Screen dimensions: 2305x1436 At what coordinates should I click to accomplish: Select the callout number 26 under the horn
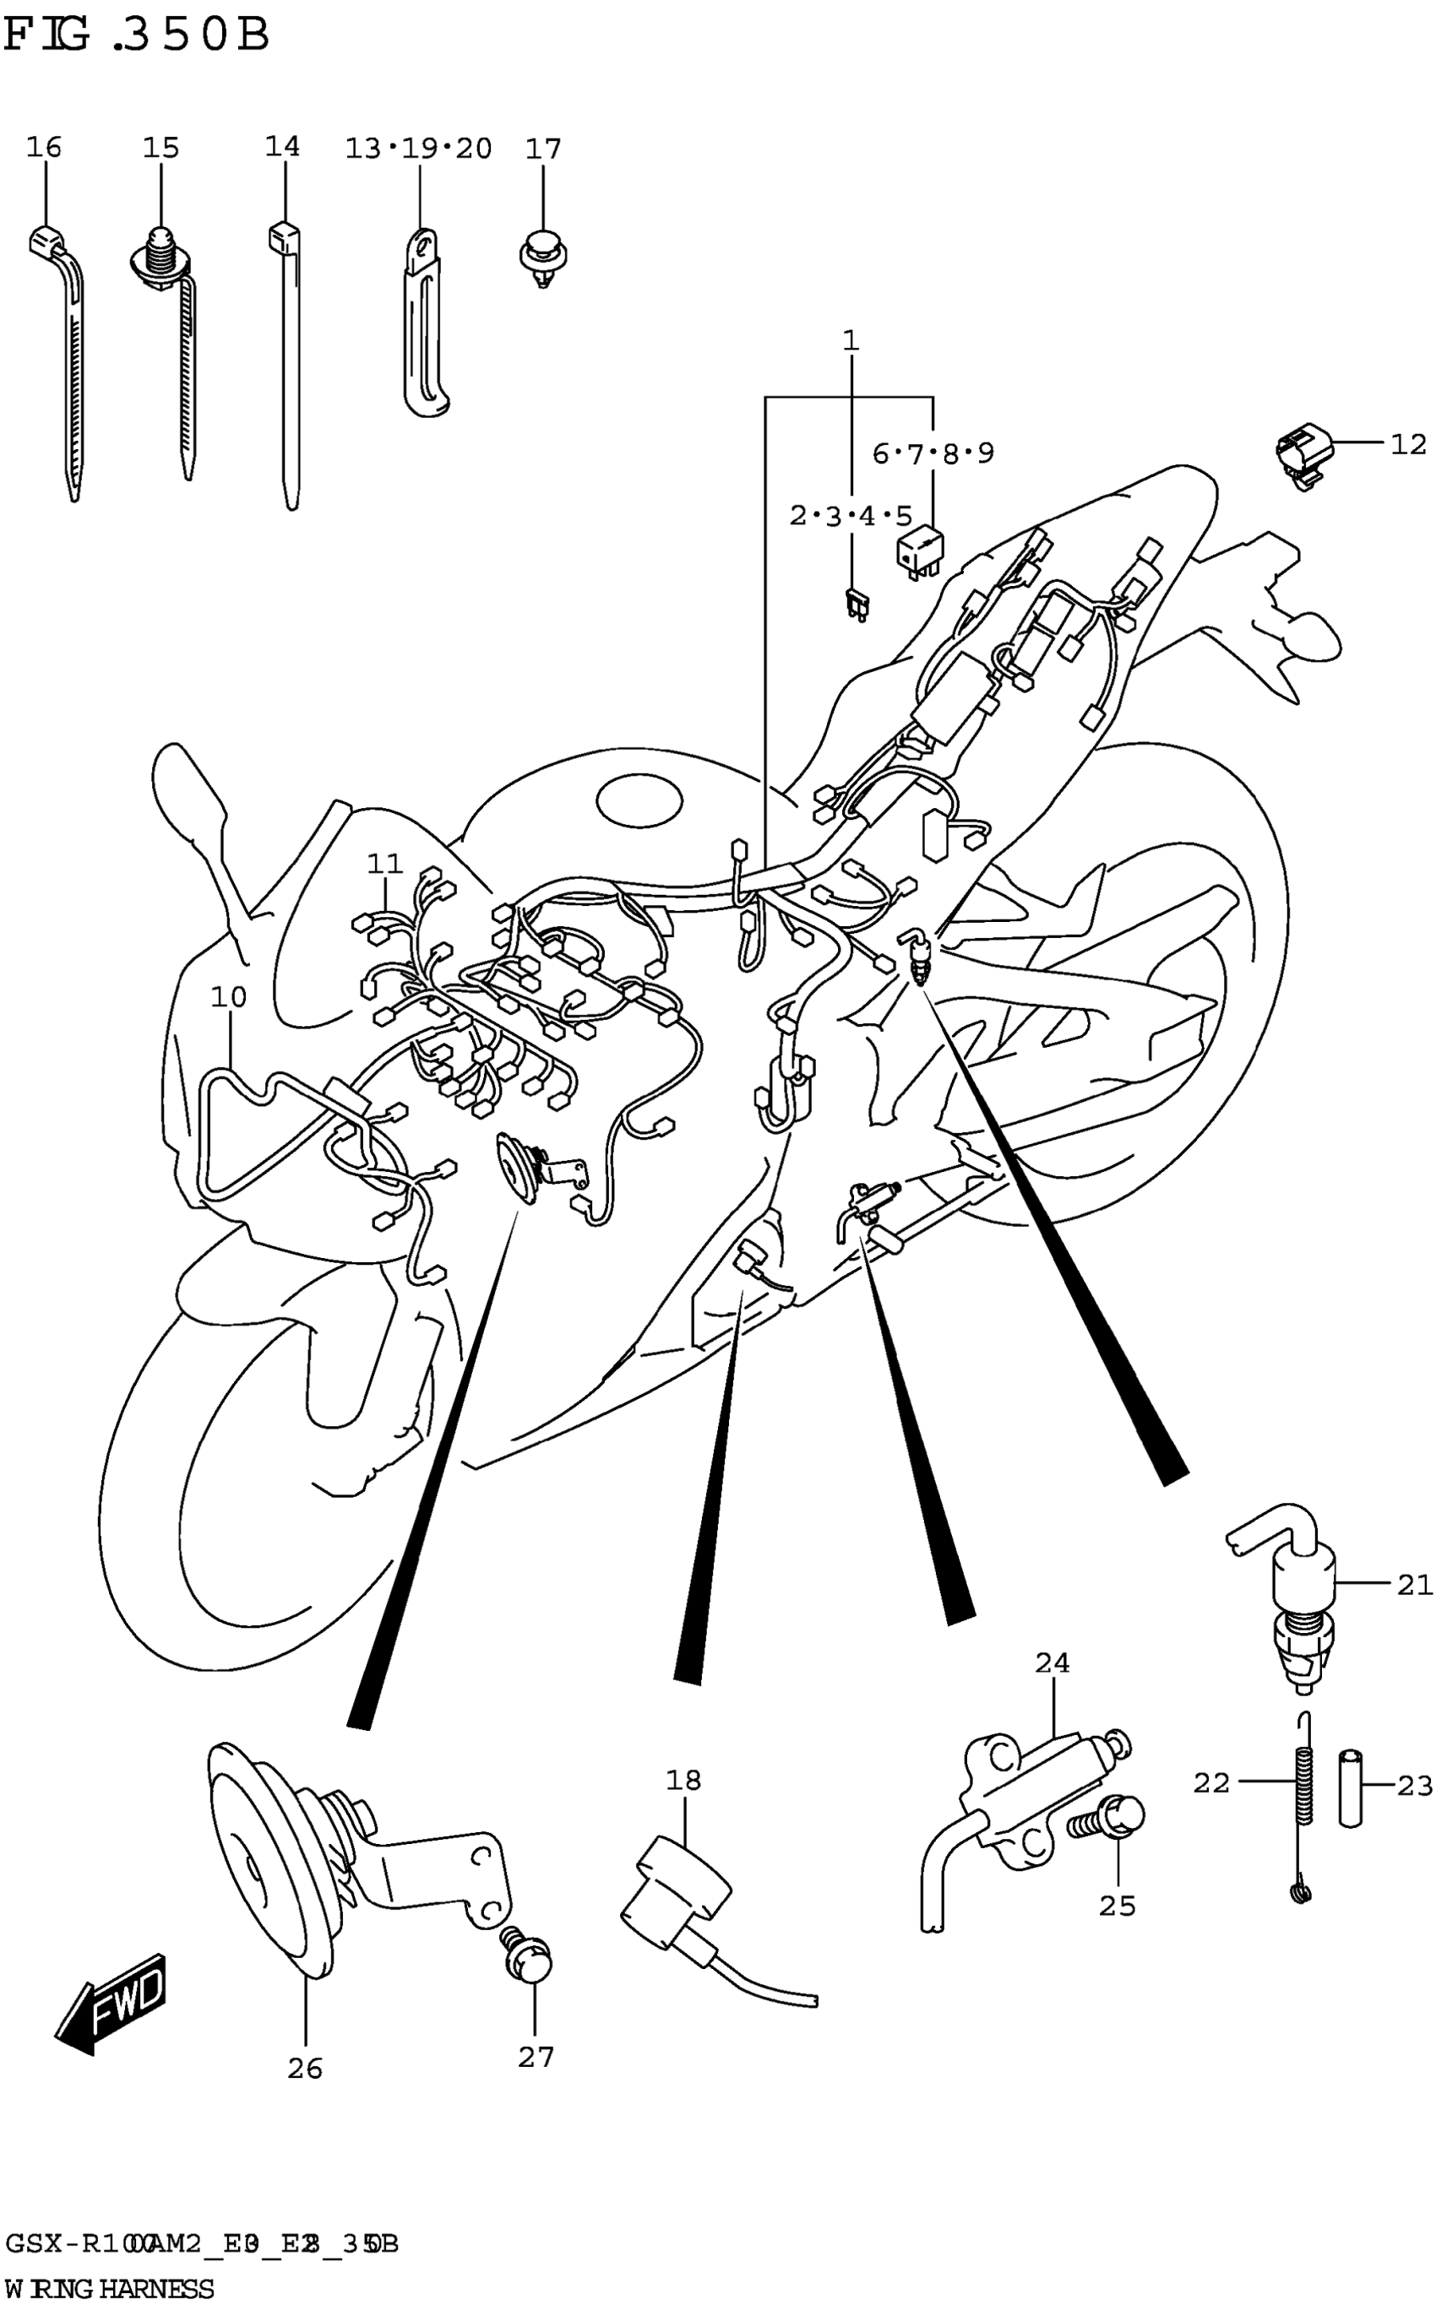point(305,2068)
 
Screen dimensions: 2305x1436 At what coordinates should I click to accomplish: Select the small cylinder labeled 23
point(1351,1787)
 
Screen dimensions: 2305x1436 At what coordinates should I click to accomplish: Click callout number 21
point(1413,1585)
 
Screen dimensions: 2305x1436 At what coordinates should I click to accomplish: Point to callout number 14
point(282,147)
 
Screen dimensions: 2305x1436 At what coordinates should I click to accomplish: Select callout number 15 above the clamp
point(160,148)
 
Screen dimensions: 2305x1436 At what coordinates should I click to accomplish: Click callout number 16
point(44,148)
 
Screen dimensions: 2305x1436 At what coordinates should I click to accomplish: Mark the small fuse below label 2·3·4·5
point(855,604)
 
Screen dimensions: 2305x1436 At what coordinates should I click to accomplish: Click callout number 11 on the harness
point(384,864)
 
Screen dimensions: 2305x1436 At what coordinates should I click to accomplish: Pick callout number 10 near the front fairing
point(228,997)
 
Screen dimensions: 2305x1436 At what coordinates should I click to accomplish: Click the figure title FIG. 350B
point(138,36)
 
